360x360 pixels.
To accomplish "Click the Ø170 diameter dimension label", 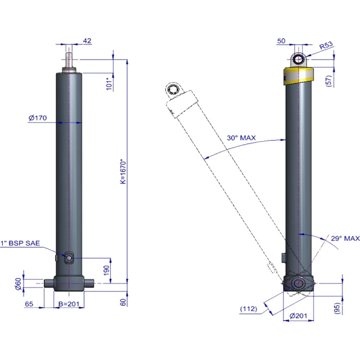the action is pos(38,118).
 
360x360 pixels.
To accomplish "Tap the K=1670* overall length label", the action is pos(123,171).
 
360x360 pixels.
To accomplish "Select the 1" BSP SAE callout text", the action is pos(20,243).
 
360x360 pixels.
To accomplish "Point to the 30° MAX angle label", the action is pos(241,138).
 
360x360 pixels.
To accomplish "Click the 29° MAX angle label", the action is pos(345,238).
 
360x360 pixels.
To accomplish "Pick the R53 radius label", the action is pos(326,46).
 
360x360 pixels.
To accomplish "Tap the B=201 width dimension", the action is pos(69,304).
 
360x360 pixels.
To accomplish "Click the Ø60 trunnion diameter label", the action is pos(18,283).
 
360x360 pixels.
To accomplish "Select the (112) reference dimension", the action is pos(249,309).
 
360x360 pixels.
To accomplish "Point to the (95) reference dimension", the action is pos(337,308).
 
